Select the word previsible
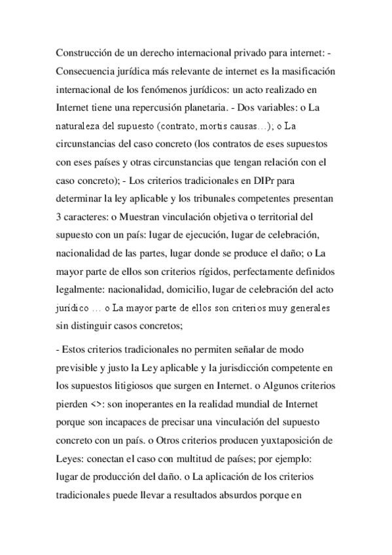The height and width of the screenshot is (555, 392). click(80, 368)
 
